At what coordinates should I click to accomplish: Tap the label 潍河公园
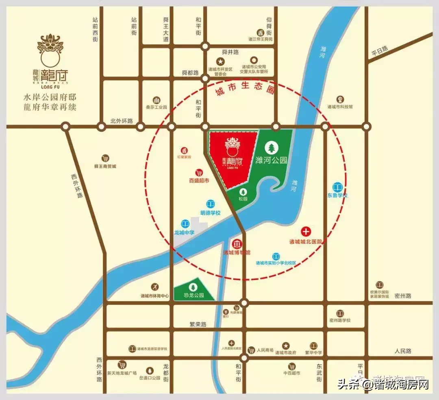coord(271,160)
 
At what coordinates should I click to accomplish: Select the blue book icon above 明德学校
coord(210,203)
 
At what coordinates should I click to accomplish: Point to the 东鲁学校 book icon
coord(337,187)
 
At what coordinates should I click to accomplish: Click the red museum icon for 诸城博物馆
coord(237,244)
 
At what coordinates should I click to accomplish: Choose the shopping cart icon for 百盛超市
coord(199,173)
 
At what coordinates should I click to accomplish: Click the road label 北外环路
coord(122,121)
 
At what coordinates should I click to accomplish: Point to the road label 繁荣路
coord(198,324)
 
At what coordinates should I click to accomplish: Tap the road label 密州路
coord(403,296)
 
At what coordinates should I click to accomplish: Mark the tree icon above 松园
coord(243,192)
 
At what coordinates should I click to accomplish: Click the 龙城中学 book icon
coord(185,224)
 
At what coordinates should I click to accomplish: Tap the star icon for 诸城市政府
coord(286,345)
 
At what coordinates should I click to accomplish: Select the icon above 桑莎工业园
coord(156,100)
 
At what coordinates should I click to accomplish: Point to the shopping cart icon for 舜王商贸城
coord(105,158)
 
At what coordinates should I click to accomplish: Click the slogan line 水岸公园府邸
coord(50,98)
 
